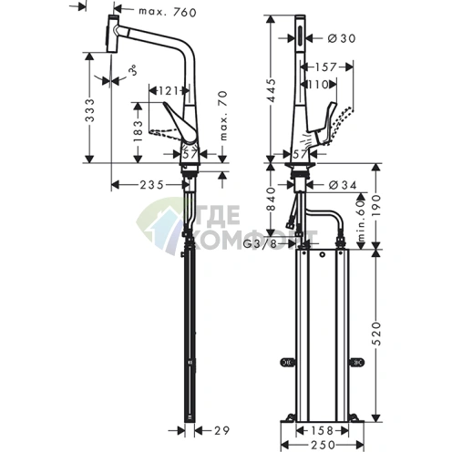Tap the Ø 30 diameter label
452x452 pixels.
coord(340,37)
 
